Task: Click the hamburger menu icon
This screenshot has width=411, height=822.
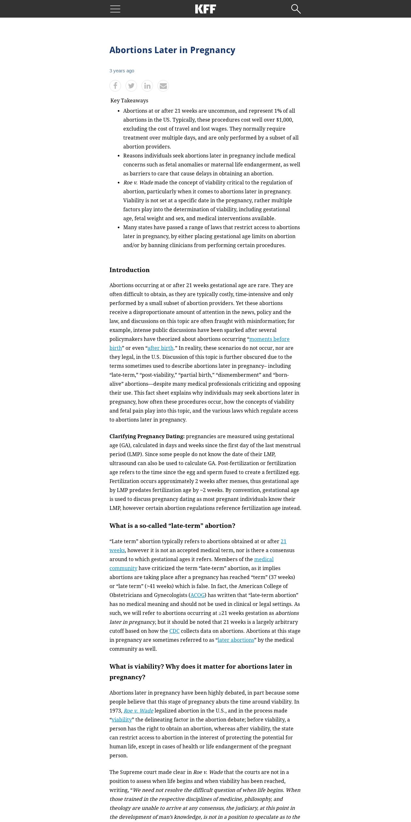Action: (x=115, y=9)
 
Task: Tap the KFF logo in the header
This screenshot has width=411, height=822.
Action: (x=205, y=9)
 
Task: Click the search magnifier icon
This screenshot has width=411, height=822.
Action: (x=296, y=9)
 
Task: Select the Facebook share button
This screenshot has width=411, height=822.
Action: (x=115, y=86)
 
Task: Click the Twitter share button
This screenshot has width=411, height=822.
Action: (x=131, y=86)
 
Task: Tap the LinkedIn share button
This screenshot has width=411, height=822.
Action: (x=147, y=86)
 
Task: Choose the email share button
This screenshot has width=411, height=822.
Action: (x=163, y=86)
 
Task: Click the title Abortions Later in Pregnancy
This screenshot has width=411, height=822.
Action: (x=172, y=50)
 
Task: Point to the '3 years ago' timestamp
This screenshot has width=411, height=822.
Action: (x=122, y=71)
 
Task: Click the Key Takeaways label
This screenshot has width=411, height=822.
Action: (x=129, y=101)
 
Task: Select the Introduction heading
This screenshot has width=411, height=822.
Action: (x=129, y=270)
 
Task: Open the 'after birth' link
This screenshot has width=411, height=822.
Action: (x=160, y=348)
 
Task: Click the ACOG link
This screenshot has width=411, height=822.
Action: (x=197, y=595)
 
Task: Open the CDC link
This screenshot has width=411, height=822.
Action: (x=174, y=631)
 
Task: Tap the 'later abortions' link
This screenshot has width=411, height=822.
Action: (x=236, y=640)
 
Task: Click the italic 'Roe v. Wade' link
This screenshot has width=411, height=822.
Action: (x=138, y=711)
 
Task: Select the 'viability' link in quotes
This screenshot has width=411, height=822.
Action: (x=122, y=720)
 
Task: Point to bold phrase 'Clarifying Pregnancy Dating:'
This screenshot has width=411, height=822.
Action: (x=147, y=436)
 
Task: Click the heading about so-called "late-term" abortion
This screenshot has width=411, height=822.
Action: (x=172, y=526)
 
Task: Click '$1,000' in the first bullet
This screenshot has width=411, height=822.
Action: (x=284, y=120)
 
